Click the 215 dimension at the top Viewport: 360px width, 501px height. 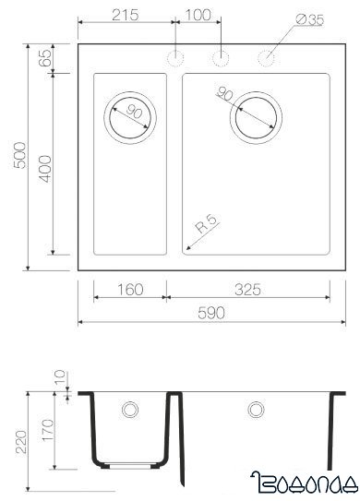(x=126, y=15)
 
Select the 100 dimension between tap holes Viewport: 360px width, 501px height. (x=198, y=15)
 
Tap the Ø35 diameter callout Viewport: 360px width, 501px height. (x=309, y=18)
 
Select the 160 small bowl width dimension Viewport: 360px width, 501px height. (x=130, y=290)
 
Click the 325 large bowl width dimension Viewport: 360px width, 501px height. (x=247, y=290)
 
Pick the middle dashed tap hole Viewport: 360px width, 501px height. (x=222, y=59)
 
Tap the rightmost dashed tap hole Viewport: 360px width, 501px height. (x=267, y=59)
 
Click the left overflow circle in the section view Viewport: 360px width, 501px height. (x=130, y=408)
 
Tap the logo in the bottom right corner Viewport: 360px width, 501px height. (x=304, y=479)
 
